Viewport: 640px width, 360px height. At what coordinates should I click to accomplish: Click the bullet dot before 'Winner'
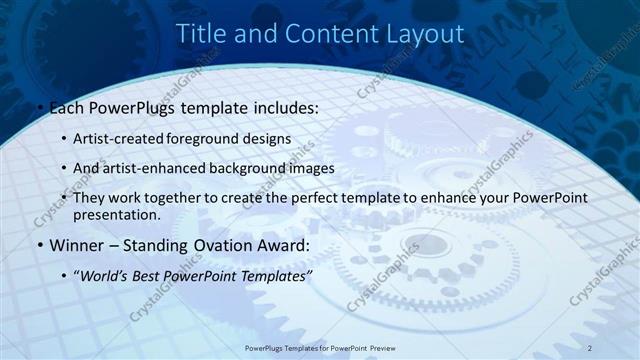(39, 244)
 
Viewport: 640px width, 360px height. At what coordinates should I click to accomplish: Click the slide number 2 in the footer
(590, 347)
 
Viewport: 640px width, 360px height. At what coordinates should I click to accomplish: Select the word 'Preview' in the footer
(377, 347)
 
